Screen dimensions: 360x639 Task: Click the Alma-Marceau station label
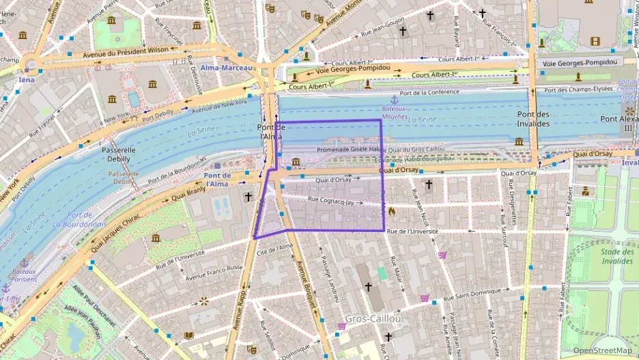click(226, 68)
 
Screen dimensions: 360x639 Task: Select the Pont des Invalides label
click(533, 118)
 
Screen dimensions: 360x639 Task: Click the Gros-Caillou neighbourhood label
click(373, 319)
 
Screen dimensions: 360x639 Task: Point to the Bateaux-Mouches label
click(394, 112)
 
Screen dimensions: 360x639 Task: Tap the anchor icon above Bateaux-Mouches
click(393, 100)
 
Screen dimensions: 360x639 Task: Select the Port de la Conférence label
click(429, 93)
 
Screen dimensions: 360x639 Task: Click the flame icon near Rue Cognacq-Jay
click(392, 212)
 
